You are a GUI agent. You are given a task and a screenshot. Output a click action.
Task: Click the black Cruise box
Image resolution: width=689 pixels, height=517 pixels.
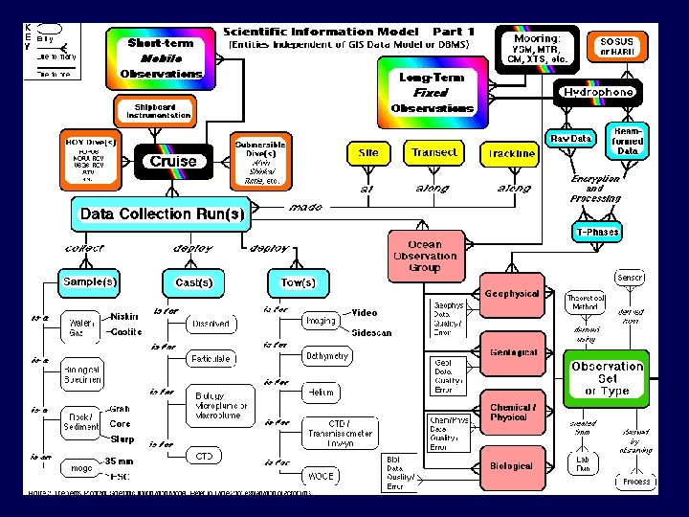tap(173, 161)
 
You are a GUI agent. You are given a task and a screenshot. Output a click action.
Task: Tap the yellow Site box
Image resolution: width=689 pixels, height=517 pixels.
tap(368, 153)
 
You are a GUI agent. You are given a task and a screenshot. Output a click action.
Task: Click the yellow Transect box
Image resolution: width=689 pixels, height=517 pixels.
tap(433, 153)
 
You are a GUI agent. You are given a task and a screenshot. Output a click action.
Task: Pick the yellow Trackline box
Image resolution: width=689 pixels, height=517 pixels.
tap(511, 153)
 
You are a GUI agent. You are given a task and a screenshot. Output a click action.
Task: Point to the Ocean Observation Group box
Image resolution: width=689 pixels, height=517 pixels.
tap(425, 257)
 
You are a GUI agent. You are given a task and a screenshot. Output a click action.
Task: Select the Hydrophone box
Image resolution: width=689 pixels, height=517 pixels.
tap(598, 92)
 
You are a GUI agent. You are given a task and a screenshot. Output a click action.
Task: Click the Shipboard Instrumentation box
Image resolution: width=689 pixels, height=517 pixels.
tap(154, 110)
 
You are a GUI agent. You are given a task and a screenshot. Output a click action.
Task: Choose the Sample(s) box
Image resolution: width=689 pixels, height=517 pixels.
tap(90, 282)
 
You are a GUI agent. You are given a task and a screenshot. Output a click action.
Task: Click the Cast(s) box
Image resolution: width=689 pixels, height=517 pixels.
tap(193, 282)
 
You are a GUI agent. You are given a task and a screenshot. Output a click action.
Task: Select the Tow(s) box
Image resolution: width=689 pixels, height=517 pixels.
tap(298, 282)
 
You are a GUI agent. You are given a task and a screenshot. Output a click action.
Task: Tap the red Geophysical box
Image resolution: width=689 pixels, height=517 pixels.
tap(512, 294)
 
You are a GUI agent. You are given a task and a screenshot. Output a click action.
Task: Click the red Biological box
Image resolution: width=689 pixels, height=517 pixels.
tap(511, 466)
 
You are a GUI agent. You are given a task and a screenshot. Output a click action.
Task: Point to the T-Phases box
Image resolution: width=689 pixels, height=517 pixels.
tap(597, 232)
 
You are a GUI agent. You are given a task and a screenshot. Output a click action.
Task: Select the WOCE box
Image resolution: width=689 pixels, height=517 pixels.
tap(318, 475)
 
